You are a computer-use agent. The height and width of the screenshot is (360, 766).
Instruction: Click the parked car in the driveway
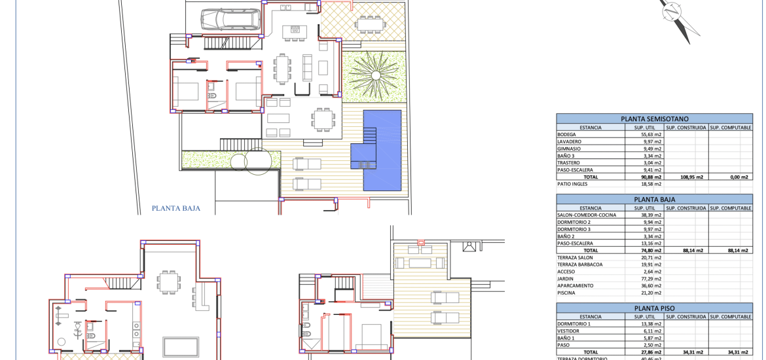230,20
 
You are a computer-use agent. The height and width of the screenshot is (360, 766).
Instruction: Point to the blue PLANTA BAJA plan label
176,208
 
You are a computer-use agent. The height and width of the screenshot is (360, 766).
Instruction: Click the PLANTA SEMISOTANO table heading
655,118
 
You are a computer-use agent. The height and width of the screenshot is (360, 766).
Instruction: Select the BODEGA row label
567,134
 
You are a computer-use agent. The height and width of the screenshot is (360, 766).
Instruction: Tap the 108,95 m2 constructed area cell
687,177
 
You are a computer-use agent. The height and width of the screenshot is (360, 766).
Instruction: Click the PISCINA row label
566,293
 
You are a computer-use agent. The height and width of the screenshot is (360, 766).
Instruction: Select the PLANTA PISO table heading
655,309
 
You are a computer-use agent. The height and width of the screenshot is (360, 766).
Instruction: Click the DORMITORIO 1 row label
574,324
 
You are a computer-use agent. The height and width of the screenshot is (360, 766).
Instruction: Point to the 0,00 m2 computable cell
739,177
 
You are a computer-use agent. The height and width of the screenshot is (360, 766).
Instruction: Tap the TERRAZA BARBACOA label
580,264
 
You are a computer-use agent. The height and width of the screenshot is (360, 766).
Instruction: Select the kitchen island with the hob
295,29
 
